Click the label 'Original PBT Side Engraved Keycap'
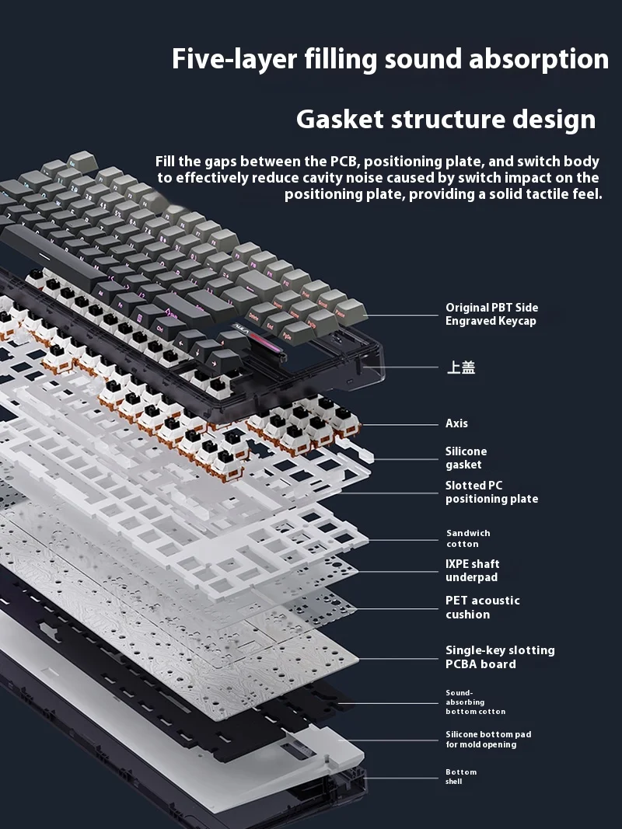coord(491,314)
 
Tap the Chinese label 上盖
coord(460,367)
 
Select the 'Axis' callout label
coord(456,423)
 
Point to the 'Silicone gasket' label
coord(466,458)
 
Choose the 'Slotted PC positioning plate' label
coord(491,492)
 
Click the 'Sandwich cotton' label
coord(468,538)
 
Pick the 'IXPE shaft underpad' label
coord(472,570)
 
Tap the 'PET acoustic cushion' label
coord(482,607)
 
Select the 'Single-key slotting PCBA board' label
coord(500,657)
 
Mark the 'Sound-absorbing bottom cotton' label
coord(475,702)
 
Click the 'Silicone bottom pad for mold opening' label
coord(488,739)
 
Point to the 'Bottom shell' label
coord(460,776)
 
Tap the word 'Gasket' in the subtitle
coord(340,120)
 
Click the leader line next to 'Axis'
coord(400,424)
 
